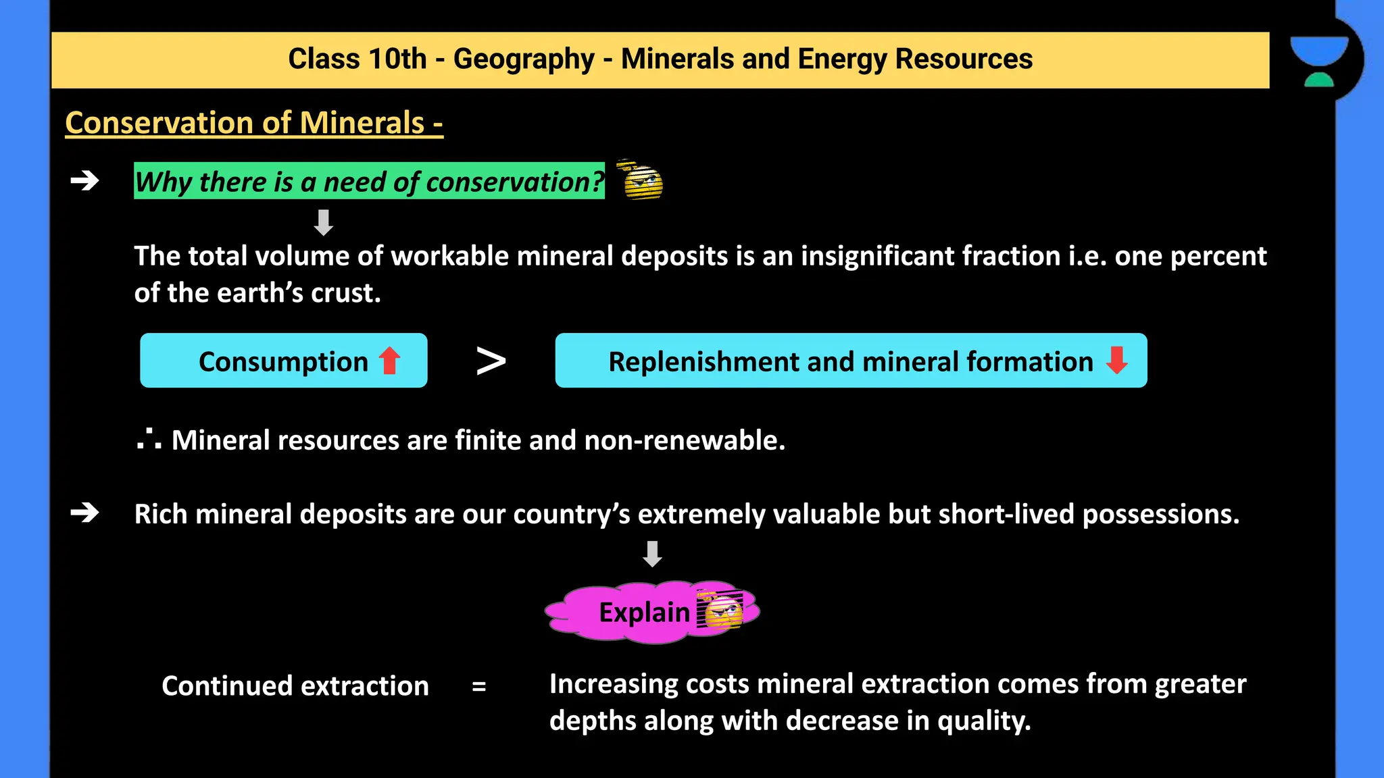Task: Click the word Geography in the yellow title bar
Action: pyautogui.click(x=523, y=59)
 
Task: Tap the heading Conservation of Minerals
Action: pyautogui.click(x=253, y=123)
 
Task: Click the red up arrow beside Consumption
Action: pyautogui.click(x=390, y=361)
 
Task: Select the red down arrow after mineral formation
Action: pyautogui.click(x=1116, y=360)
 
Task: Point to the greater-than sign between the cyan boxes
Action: pyautogui.click(x=491, y=361)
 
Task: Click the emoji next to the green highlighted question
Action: pyautogui.click(x=641, y=180)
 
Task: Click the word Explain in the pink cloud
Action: pyautogui.click(x=644, y=613)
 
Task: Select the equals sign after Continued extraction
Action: pyautogui.click(x=479, y=687)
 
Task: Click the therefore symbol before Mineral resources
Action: pyautogui.click(x=149, y=440)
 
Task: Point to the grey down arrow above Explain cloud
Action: pyautogui.click(x=652, y=554)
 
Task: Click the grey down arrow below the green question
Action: pyautogui.click(x=324, y=222)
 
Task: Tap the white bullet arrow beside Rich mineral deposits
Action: pyautogui.click(x=85, y=513)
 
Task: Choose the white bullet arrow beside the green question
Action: pyautogui.click(x=85, y=181)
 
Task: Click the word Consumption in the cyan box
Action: pyautogui.click(x=283, y=362)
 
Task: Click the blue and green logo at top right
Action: pyautogui.click(x=1319, y=61)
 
